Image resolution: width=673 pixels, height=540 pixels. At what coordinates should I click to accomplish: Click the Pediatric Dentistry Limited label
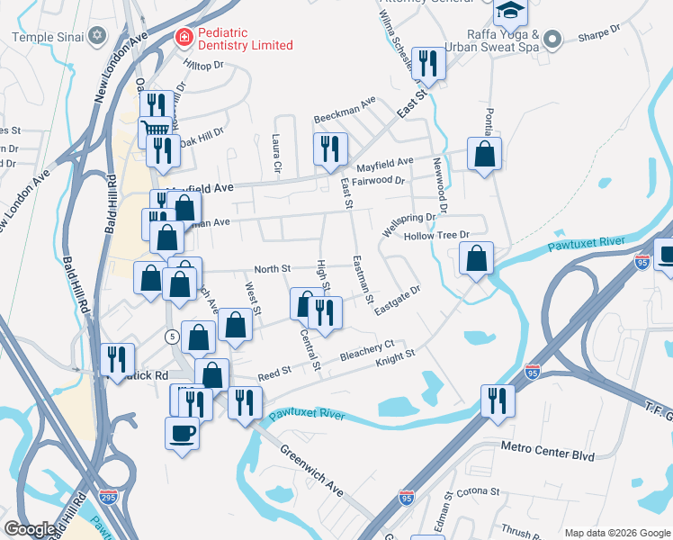[241, 45]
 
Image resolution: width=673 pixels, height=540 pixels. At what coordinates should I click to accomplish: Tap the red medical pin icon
[183, 37]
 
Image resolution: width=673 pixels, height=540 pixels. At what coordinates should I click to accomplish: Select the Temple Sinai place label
[47, 37]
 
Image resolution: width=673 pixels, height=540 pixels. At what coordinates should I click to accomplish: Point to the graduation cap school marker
[509, 10]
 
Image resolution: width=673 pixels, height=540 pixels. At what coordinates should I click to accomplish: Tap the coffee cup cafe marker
[182, 433]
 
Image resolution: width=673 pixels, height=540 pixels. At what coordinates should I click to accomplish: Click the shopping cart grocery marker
[154, 132]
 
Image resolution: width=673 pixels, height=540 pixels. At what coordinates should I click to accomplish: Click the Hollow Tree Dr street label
[437, 236]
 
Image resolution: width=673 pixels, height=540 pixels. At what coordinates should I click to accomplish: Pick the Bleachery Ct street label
[367, 351]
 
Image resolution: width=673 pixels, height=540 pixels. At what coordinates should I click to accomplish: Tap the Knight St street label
[395, 357]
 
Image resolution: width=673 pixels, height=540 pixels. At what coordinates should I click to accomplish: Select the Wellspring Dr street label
[408, 224]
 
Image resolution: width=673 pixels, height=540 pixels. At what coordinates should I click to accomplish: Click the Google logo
[30, 529]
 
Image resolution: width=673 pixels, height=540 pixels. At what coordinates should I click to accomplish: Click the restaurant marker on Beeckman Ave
[329, 148]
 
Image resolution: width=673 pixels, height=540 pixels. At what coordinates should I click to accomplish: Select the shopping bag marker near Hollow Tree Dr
[476, 258]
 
